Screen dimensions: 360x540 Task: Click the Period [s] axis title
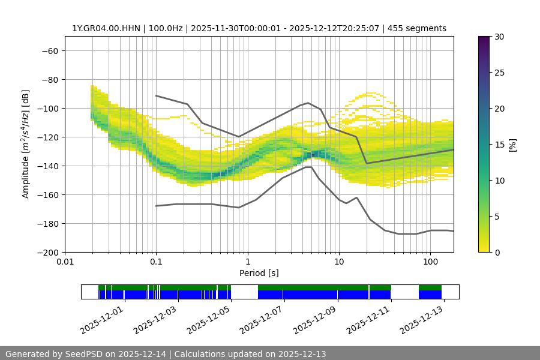(x=259, y=273)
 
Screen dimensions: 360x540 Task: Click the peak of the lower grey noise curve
(x=308, y=167)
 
